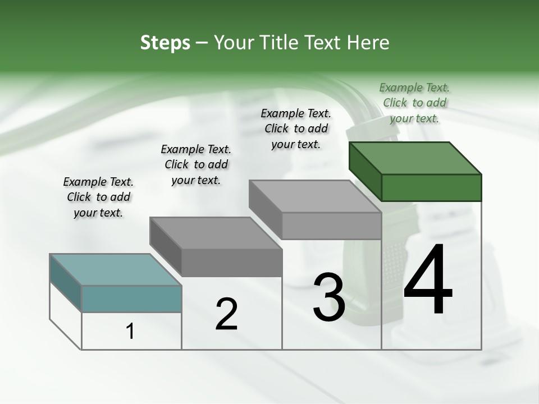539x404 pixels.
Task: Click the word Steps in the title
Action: (165, 43)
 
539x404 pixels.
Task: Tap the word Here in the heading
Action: (368, 43)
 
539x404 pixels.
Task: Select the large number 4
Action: (428, 281)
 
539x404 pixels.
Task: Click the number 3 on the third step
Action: (329, 297)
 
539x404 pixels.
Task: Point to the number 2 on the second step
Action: (226, 314)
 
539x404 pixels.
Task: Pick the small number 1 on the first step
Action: (130, 332)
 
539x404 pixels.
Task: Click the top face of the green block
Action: (415, 158)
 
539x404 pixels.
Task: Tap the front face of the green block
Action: (431, 187)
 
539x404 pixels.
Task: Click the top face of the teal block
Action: (116, 269)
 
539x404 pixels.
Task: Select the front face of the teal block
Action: (131, 299)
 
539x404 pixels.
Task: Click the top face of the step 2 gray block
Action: (216, 233)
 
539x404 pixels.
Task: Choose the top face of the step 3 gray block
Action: (315, 196)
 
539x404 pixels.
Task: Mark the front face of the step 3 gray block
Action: (331, 226)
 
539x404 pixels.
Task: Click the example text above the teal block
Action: (98, 197)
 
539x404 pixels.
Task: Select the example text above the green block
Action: (414, 103)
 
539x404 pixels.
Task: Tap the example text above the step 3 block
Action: (296, 128)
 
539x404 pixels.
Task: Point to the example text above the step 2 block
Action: (196, 164)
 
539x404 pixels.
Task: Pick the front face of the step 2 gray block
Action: (231, 263)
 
